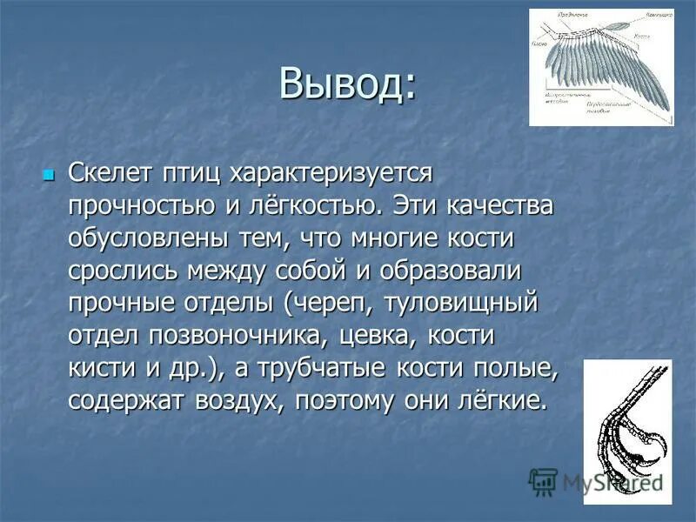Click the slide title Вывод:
point(347,84)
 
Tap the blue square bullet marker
point(48,175)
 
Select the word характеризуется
point(331,173)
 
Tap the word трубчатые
point(330,368)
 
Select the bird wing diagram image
point(601,67)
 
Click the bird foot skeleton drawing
point(626,431)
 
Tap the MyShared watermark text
point(609,482)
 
